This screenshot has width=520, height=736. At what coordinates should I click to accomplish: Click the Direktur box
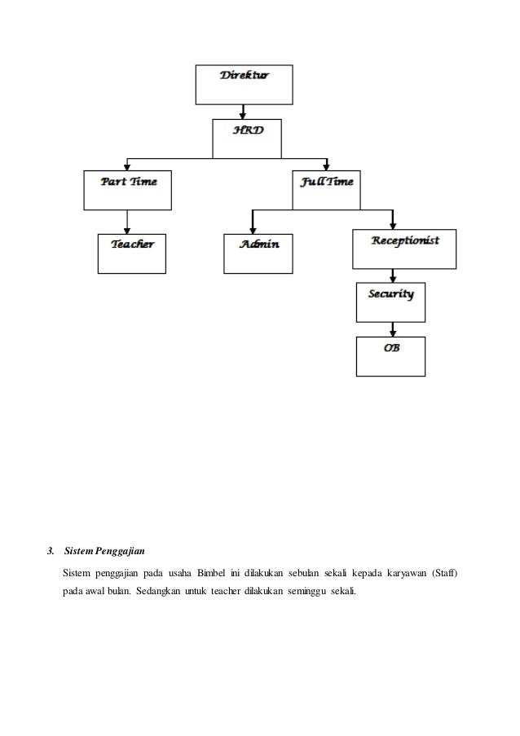click(243, 85)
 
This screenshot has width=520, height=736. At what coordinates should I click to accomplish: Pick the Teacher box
click(132, 253)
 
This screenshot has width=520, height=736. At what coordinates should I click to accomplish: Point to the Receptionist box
click(404, 249)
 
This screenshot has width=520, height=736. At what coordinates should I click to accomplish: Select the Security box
click(391, 301)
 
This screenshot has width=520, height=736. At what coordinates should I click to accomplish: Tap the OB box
click(391, 356)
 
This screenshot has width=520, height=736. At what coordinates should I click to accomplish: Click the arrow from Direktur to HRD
click(243, 112)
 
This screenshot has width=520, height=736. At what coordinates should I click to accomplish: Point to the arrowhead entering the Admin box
click(253, 230)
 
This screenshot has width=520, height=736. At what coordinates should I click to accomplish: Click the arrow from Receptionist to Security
click(394, 275)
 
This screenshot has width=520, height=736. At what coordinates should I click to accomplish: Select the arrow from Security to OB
click(394, 329)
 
